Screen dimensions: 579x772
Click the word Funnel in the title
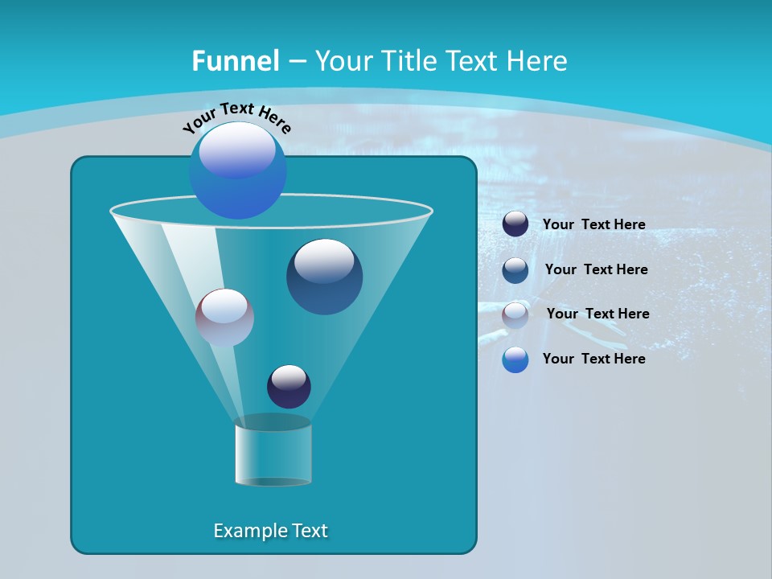(235, 60)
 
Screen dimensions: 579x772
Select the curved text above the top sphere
(237, 117)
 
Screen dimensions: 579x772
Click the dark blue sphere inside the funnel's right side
(324, 277)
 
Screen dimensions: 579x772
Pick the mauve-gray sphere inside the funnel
(224, 318)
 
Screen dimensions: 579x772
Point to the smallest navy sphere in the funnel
(289, 386)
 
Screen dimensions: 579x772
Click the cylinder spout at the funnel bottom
(273, 450)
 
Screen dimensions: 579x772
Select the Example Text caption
(270, 531)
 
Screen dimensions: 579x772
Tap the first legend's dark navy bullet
(515, 224)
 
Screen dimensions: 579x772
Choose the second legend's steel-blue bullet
(515, 269)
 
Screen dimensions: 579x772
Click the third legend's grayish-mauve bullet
(515, 314)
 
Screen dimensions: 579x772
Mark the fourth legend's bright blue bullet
(515, 359)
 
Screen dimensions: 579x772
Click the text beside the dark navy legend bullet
(593, 224)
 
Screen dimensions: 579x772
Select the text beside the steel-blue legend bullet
(596, 269)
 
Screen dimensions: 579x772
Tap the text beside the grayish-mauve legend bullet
(597, 314)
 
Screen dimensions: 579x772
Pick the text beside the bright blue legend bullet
(593, 359)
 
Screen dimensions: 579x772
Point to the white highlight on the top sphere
(237, 149)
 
